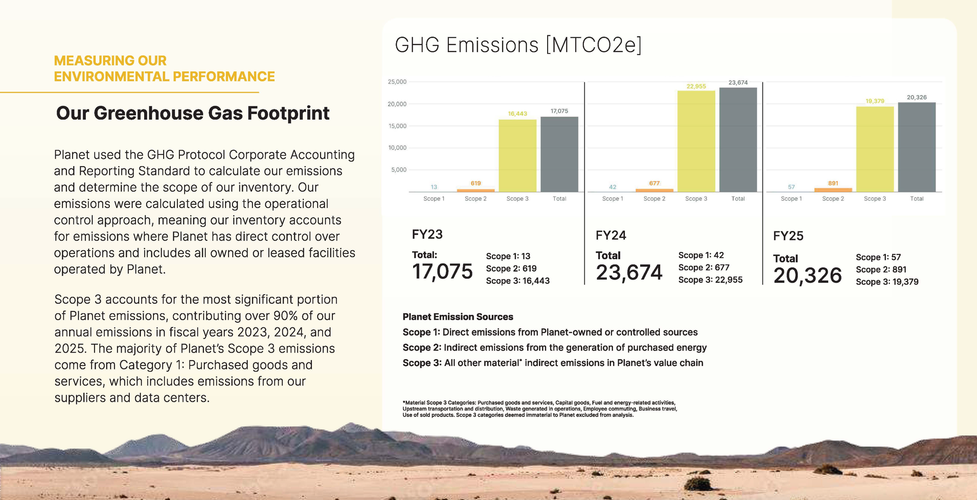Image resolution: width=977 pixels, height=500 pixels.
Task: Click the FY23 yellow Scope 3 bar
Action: [x=517, y=156]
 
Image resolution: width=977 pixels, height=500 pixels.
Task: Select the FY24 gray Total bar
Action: [x=738, y=140]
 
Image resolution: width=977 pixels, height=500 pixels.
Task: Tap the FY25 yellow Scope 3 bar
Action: [x=875, y=149]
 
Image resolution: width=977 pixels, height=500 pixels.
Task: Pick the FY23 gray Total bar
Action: [x=559, y=154]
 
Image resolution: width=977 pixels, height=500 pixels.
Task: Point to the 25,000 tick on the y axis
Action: [x=397, y=82]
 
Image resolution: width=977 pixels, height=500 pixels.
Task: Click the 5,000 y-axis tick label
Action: [x=398, y=170]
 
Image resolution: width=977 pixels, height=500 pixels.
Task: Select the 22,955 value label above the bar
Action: [x=696, y=86]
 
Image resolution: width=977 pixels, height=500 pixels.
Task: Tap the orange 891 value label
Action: [x=833, y=183]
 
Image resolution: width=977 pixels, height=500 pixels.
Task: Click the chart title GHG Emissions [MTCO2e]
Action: [x=518, y=45]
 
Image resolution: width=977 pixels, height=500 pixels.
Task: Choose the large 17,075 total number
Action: [x=442, y=271]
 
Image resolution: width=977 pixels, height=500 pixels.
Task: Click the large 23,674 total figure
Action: [x=629, y=272]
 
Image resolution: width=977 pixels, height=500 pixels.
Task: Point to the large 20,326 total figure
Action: [x=807, y=275]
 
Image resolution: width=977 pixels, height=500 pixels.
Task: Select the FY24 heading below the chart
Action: [x=611, y=235]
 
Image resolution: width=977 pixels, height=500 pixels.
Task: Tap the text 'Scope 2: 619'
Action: [x=511, y=269]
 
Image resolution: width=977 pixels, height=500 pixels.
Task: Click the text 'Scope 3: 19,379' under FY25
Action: [x=887, y=282]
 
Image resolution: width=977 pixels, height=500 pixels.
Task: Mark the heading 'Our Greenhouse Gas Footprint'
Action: [x=193, y=114]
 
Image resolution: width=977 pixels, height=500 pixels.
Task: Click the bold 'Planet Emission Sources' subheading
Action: [x=457, y=317]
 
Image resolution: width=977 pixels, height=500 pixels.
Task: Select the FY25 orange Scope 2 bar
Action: [x=833, y=190]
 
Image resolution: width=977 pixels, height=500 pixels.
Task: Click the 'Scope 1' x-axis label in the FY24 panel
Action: [x=613, y=198]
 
